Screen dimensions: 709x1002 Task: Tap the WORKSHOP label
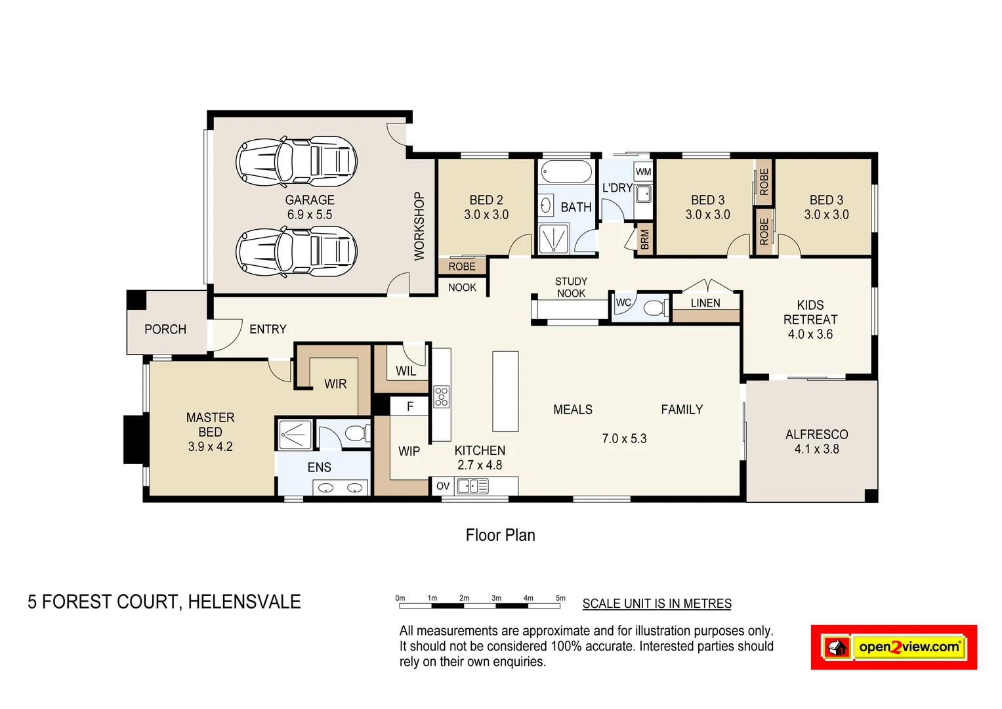click(x=419, y=226)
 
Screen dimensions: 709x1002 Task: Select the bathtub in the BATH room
click(x=566, y=172)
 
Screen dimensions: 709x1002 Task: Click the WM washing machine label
click(x=643, y=172)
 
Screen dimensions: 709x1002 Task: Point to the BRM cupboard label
click(x=644, y=239)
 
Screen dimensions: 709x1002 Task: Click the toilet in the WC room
click(x=655, y=307)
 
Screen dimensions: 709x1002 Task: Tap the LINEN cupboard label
click(x=705, y=303)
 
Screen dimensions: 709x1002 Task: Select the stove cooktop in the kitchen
click(x=442, y=397)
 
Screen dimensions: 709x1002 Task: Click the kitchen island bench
click(x=505, y=391)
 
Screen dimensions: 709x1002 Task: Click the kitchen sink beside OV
click(x=472, y=486)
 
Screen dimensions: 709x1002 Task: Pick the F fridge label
click(x=409, y=406)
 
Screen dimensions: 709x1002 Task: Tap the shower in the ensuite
click(x=295, y=434)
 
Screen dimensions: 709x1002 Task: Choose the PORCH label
click(x=165, y=329)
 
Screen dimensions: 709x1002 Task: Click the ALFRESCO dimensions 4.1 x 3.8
click(x=816, y=449)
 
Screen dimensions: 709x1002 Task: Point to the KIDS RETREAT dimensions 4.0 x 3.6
click(x=810, y=334)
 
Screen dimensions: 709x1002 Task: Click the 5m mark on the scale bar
click(x=560, y=599)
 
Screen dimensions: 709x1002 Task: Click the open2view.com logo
click(x=894, y=647)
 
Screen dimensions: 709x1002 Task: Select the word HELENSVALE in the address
click(x=244, y=602)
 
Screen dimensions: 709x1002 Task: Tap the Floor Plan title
click(x=500, y=535)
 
